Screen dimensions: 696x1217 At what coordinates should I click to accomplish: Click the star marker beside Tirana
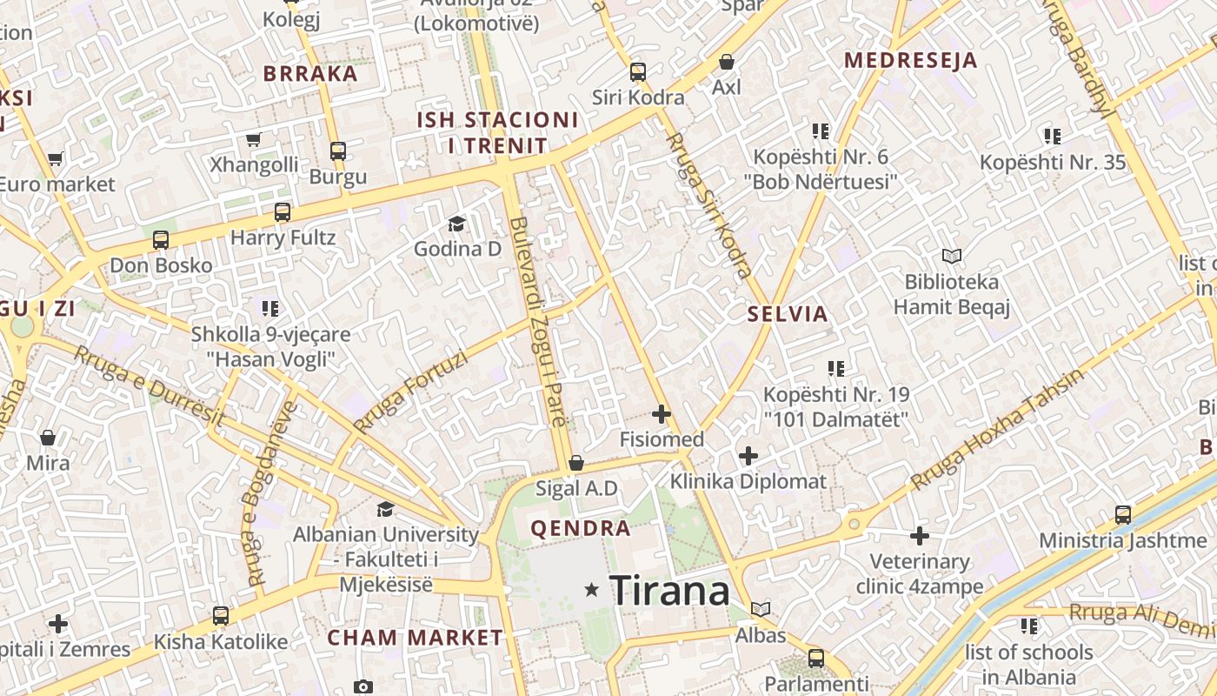point(592,590)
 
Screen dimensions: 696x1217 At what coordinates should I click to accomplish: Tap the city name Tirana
point(669,591)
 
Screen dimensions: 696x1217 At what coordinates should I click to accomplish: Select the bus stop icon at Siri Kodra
point(638,72)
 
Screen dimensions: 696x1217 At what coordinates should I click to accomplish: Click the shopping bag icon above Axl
point(726,62)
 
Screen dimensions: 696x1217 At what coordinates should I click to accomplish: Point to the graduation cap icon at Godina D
point(457,224)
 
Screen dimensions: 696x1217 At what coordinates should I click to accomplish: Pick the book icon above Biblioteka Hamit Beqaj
point(952,257)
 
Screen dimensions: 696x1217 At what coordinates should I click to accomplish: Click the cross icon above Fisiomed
point(662,414)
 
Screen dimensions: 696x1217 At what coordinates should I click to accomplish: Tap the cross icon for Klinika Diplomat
point(748,455)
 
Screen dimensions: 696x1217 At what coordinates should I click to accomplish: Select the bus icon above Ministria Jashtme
point(1123,514)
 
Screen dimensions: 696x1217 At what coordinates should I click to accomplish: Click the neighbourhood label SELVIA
point(788,314)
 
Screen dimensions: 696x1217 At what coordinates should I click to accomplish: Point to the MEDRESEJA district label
point(911,61)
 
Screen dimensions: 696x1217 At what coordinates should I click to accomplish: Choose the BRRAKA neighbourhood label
point(310,74)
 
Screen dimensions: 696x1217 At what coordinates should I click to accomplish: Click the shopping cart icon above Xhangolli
point(254,139)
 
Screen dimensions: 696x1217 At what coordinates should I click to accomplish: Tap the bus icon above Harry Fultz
point(283,211)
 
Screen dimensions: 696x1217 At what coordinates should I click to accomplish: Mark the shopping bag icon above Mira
point(48,437)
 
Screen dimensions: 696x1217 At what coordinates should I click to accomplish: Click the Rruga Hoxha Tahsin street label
point(998,431)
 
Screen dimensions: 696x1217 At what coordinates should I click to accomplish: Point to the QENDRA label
point(581,528)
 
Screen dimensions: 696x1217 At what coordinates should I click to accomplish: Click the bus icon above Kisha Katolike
point(221,616)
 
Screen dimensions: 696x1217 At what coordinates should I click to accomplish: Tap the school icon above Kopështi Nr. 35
point(1053,137)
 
